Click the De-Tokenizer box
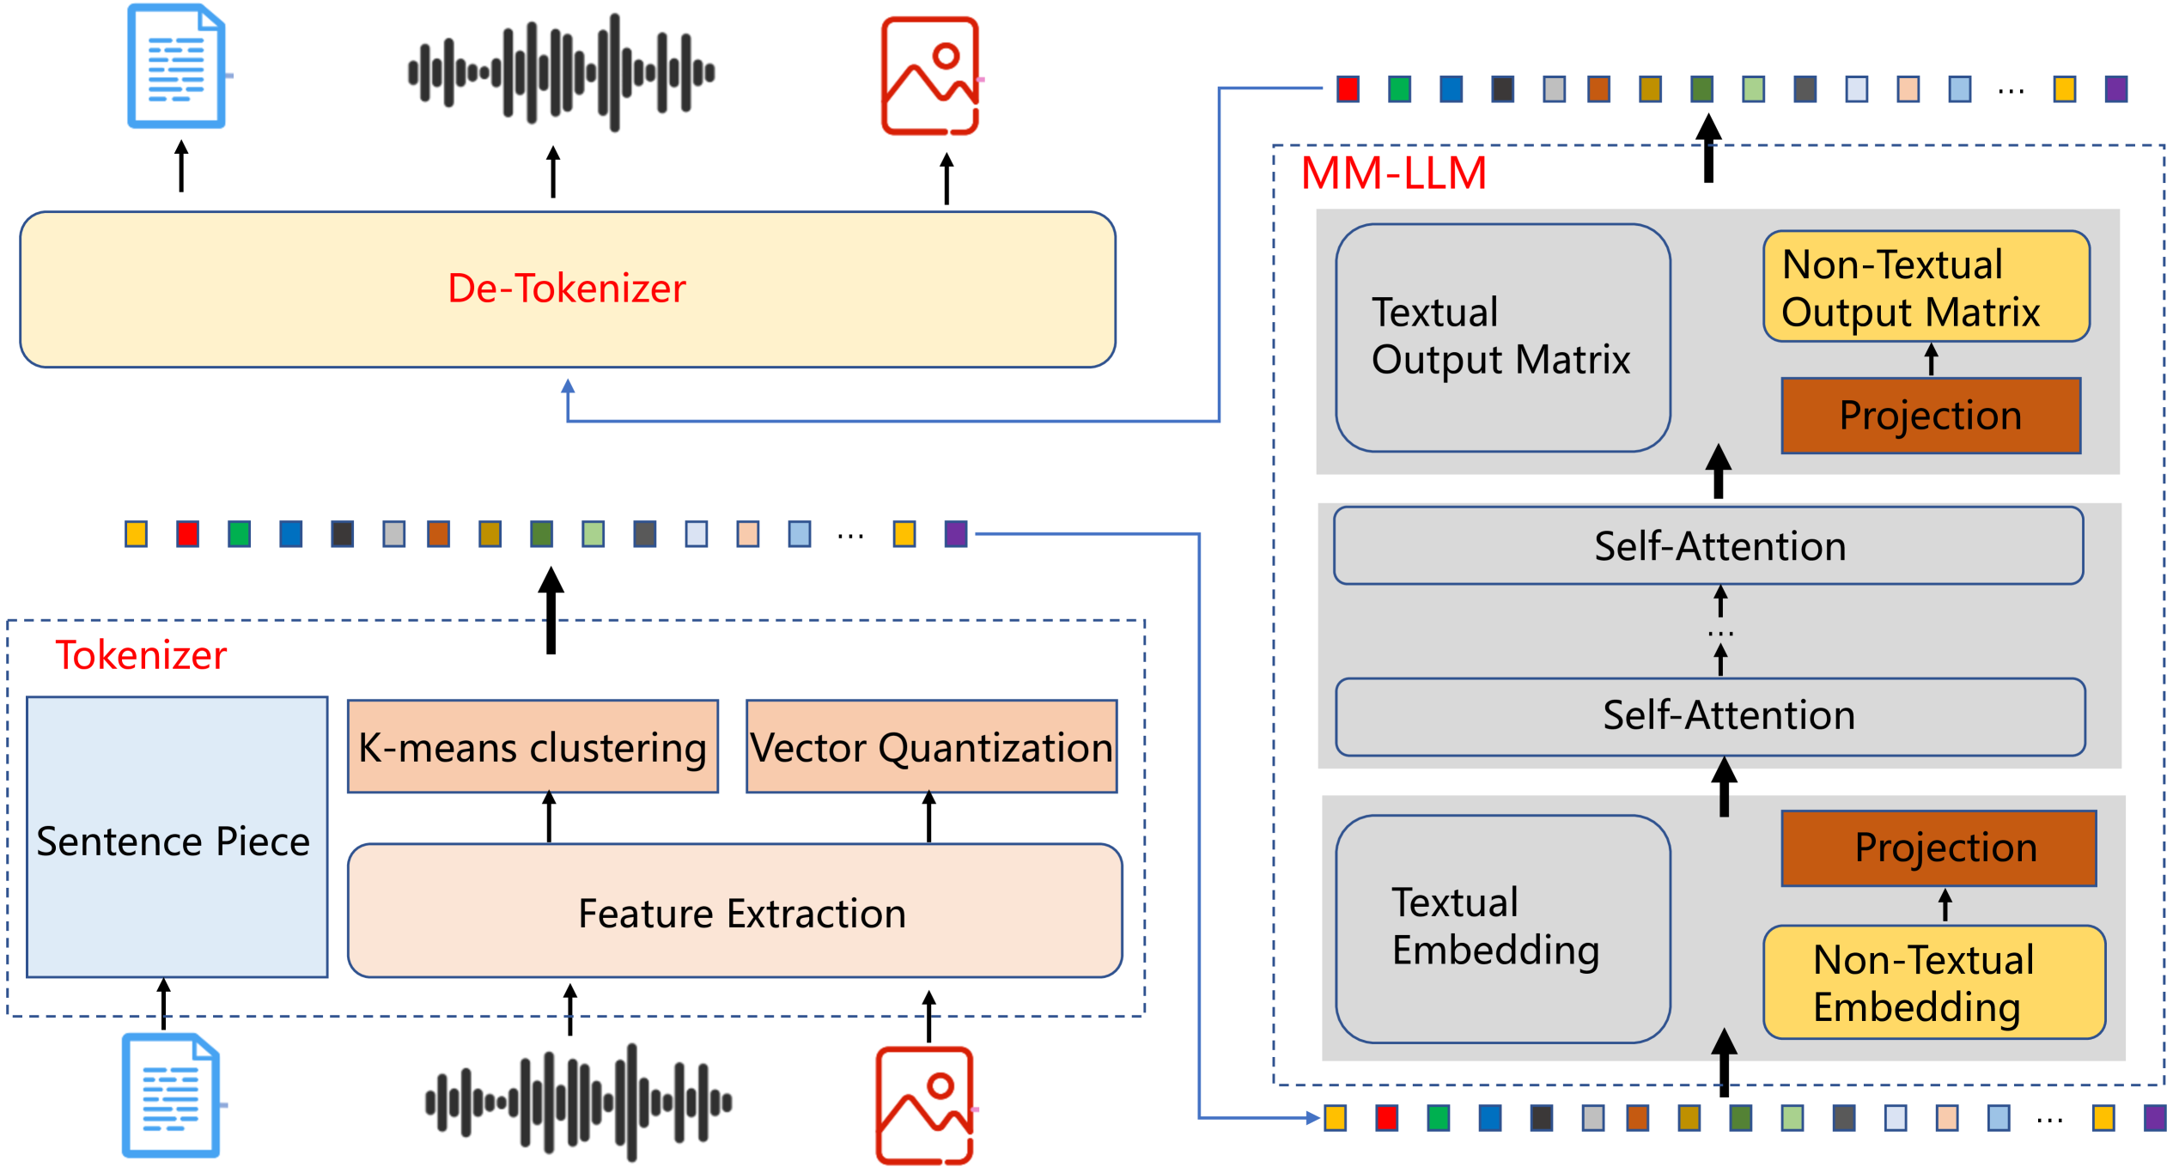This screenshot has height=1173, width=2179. pyautogui.click(x=567, y=289)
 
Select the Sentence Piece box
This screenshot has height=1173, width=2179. pyautogui.click(x=177, y=837)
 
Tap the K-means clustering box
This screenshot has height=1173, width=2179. pyautogui.click(x=533, y=746)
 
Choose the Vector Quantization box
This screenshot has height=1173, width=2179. pyautogui.click(x=931, y=746)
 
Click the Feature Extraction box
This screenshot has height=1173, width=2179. pyautogui.click(x=735, y=911)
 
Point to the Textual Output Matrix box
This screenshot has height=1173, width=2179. pyautogui.click(x=1502, y=337)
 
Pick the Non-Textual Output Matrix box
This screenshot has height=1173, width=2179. pyautogui.click(x=1926, y=286)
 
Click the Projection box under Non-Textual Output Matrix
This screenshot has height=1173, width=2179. pyautogui.click(x=1931, y=416)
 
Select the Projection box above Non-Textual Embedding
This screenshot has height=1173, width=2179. pyautogui.click(x=1939, y=848)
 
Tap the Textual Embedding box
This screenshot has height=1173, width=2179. pyautogui.click(x=1502, y=928)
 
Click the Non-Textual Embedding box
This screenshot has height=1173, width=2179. pyautogui.click(x=1933, y=982)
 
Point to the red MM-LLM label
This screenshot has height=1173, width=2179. pyautogui.click(x=1393, y=173)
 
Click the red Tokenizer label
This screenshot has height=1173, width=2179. pyautogui.click(x=141, y=655)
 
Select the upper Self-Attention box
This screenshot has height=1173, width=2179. pyautogui.click(x=1708, y=546)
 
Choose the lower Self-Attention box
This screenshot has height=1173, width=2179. pyautogui.click(x=1710, y=716)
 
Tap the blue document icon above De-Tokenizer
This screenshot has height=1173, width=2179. pyautogui.click(x=177, y=67)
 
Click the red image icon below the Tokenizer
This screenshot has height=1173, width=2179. pyautogui.click(x=925, y=1104)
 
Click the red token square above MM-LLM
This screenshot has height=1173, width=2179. pyautogui.click(x=1348, y=89)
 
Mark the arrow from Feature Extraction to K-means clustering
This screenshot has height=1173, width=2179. pyautogui.click(x=549, y=817)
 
